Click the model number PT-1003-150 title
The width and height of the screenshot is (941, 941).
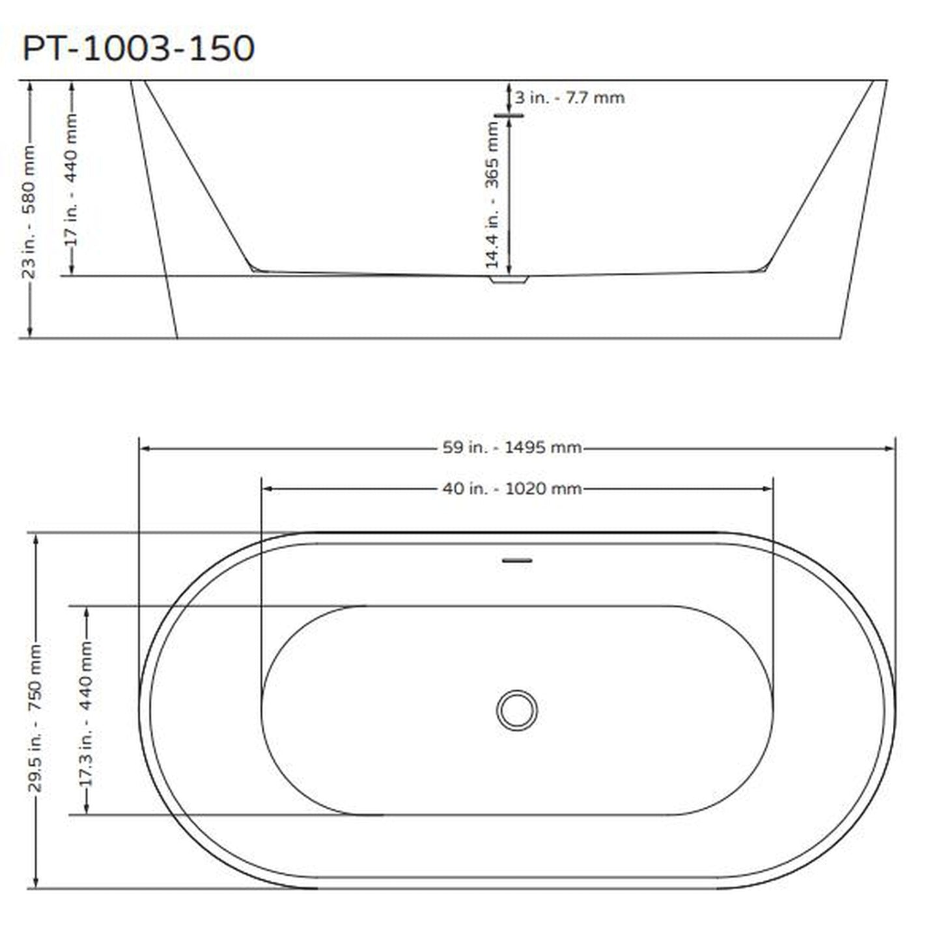pos(138,49)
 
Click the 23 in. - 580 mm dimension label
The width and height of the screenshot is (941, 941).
pos(29,212)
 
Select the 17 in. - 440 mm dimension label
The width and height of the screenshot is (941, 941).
pos(72,180)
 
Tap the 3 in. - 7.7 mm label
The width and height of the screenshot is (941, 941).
pos(569,98)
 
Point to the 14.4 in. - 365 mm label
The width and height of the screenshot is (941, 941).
pos(493,195)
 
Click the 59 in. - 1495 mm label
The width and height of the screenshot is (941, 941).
pos(512,448)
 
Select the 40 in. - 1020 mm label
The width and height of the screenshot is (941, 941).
pos(512,488)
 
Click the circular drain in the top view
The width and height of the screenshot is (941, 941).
pos(517,710)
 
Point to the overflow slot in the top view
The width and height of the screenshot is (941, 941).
pos(517,560)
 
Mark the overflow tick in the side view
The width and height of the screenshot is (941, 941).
pos(509,116)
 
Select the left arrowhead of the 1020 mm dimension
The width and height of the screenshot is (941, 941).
pos(267,488)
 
